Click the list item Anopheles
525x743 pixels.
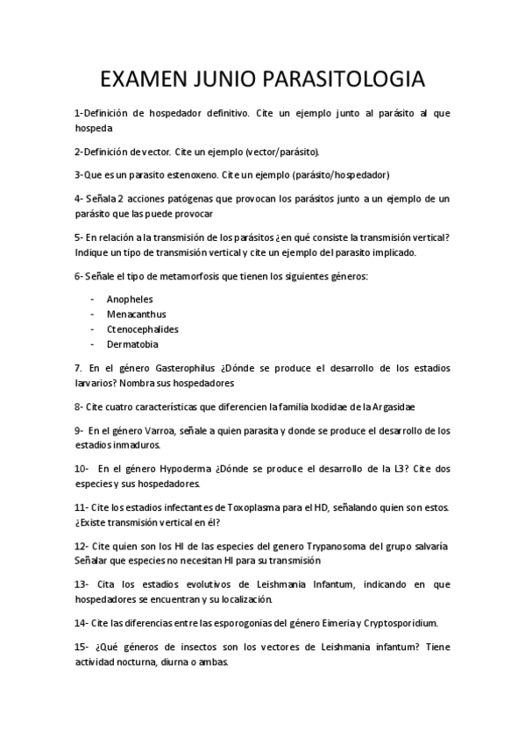pos(129,299)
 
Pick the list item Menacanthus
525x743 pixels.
pos(136,314)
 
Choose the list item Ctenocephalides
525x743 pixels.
pos(142,329)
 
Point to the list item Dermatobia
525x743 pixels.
pos(132,344)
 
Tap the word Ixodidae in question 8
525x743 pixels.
pos(323,407)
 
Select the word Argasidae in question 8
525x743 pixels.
pos(388,407)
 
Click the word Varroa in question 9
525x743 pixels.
pos(170,430)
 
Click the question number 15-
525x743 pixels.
pos(82,646)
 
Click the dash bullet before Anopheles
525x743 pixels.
pos(92,299)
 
